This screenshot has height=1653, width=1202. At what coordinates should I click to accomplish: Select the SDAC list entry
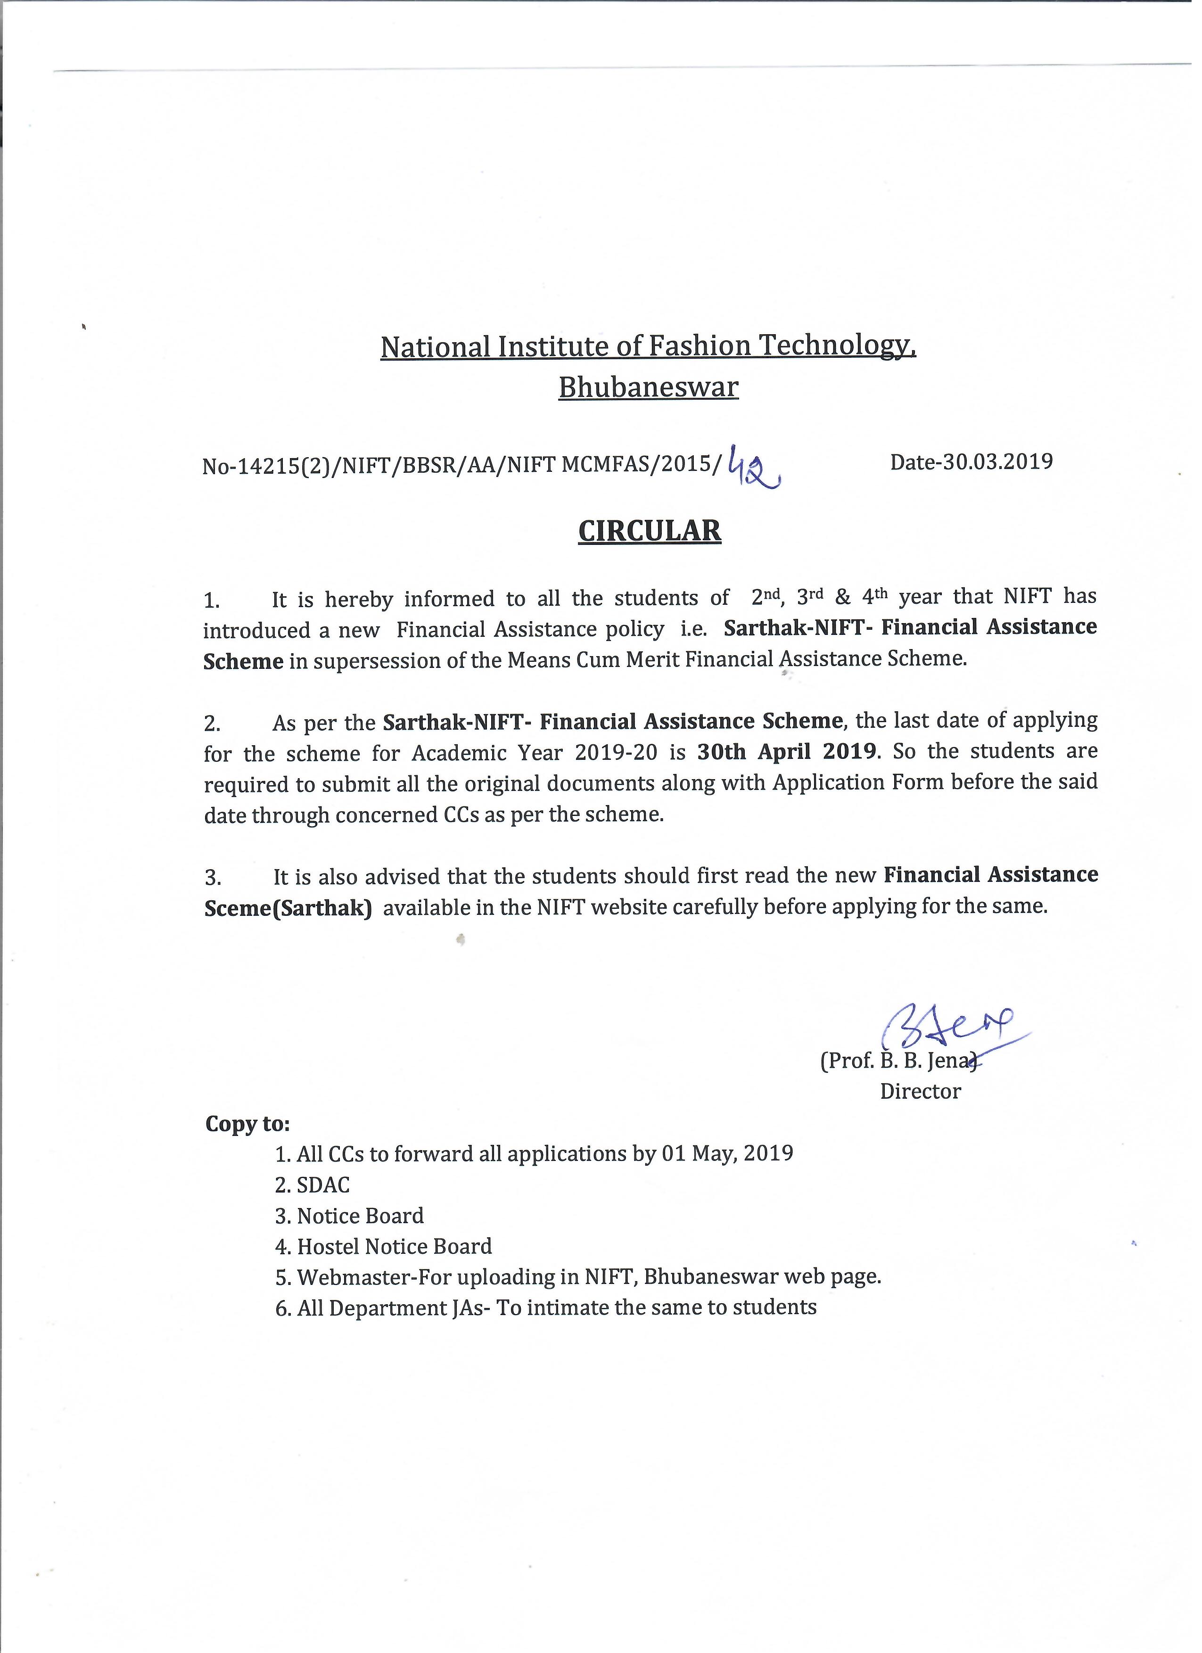coord(323,1185)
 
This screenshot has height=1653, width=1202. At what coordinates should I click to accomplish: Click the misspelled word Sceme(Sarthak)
coord(288,909)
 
